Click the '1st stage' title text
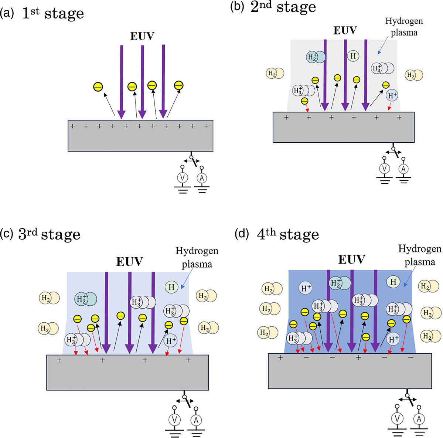point(53,14)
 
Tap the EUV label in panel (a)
point(142,36)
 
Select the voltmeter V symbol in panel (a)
point(182,178)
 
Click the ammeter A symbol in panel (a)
point(201,178)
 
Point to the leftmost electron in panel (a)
point(98,87)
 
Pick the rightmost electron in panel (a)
point(179,85)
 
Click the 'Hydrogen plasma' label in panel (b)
point(404,27)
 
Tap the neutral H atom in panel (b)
point(353,56)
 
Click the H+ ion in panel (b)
point(392,96)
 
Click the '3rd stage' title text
point(49,235)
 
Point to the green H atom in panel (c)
point(171,287)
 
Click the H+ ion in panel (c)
point(171,341)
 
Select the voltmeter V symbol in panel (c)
point(174,420)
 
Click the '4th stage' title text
point(288,234)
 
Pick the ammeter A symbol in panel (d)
point(419,419)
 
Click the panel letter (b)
point(236,7)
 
